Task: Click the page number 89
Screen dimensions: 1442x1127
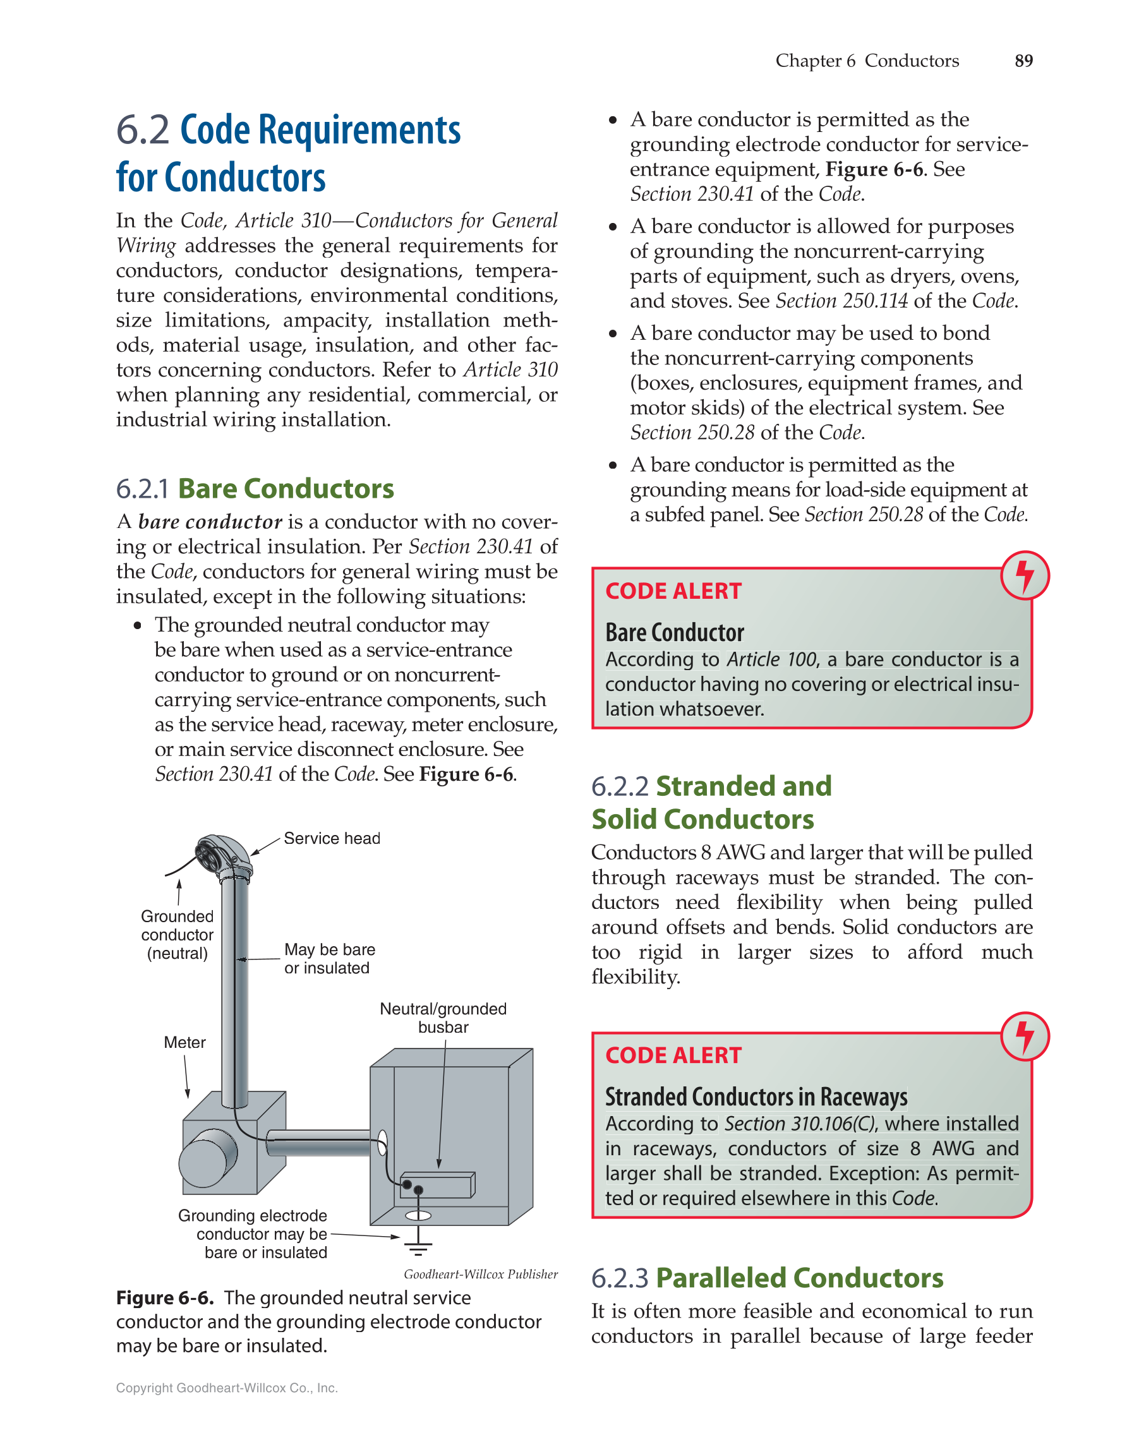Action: (x=1023, y=61)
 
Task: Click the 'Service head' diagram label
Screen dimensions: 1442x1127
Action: (x=332, y=838)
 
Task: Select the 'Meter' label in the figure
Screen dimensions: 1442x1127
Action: (x=184, y=1042)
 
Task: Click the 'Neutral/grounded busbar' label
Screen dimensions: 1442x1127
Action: (x=443, y=1018)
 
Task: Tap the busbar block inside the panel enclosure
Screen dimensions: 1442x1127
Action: (x=438, y=1185)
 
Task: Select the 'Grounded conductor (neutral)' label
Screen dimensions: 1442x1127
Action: (x=177, y=934)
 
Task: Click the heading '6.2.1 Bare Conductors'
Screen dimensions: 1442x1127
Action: (x=255, y=489)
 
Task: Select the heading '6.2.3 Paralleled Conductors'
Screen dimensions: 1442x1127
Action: (x=766, y=1278)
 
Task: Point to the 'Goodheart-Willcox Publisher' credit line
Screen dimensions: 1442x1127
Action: (x=480, y=1273)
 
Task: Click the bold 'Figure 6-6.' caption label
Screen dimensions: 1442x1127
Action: (x=165, y=1297)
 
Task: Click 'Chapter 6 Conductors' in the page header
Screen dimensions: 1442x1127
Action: (x=866, y=61)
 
